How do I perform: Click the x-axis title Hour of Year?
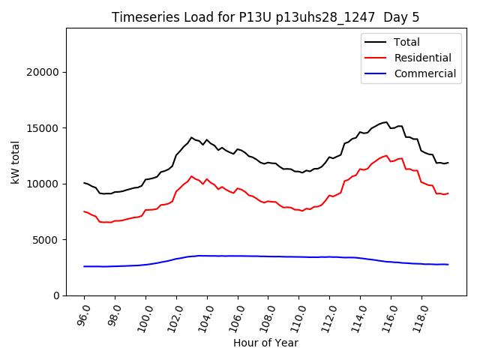pos(265,343)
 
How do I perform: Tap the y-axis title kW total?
pos(16,161)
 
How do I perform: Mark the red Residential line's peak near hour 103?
pos(191,176)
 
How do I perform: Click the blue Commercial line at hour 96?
pos(84,266)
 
